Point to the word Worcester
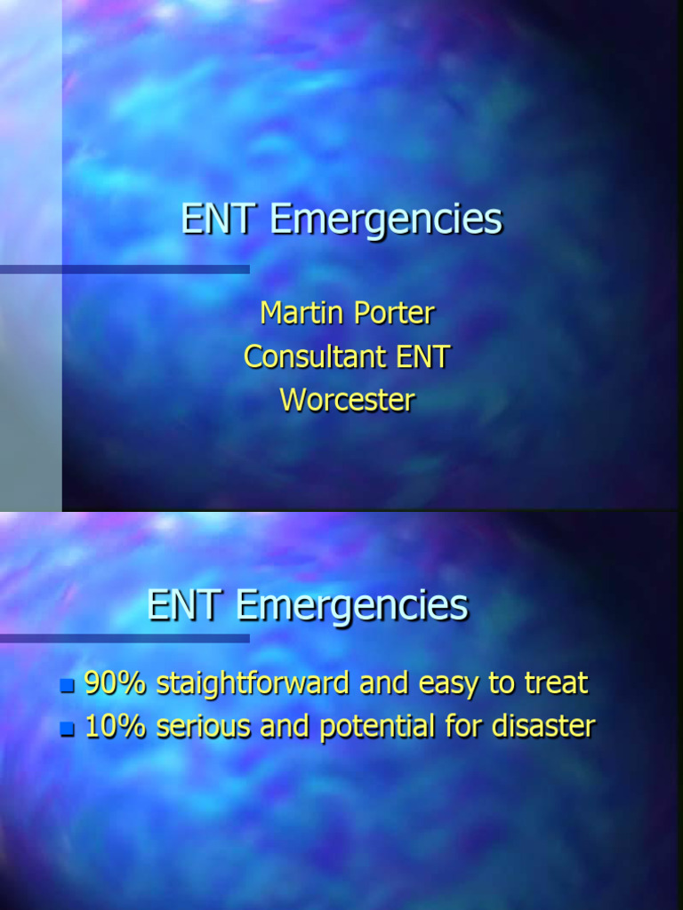(347, 400)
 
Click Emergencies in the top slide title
(386, 220)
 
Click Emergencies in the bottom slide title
(352, 606)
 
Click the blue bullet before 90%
(67, 685)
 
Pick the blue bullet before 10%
(67, 729)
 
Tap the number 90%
(116, 682)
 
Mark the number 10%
(116, 726)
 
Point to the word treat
(556, 683)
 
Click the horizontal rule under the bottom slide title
(125, 637)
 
